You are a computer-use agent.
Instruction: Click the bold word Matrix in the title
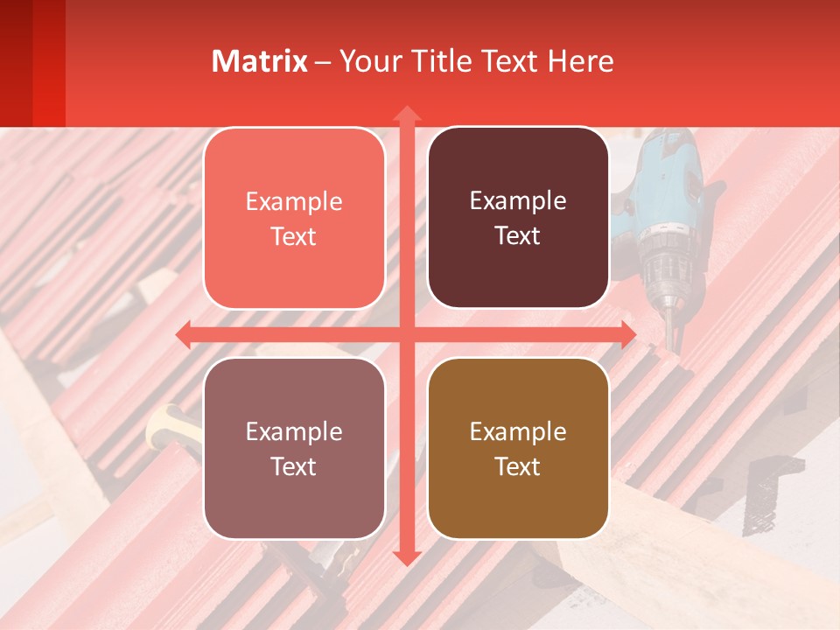pyautogui.click(x=260, y=61)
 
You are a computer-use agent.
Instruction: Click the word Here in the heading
pyautogui.click(x=581, y=61)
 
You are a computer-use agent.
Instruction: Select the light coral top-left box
pyautogui.click(x=294, y=218)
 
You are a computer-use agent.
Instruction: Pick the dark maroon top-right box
pyautogui.click(x=518, y=218)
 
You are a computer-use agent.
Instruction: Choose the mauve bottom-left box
pyautogui.click(x=294, y=448)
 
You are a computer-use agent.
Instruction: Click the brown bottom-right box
pyautogui.click(x=518, y=448)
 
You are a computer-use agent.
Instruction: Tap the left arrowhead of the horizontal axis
pyautogui.click(x=184, y=334)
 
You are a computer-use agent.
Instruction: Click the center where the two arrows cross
pyautogui.click(x=406, y=334)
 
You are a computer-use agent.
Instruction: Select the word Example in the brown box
pyautogui.click(x=518, y=431)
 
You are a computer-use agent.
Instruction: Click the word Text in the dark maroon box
pyautogui.click(x=518, y=236)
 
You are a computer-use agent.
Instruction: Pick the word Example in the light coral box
pyautogui.click(x=294, y=201)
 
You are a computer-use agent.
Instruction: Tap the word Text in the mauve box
pyautogui.click(x=294, y=466)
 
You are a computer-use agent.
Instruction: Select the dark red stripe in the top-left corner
pyautogui.click(x=16, y=61)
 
